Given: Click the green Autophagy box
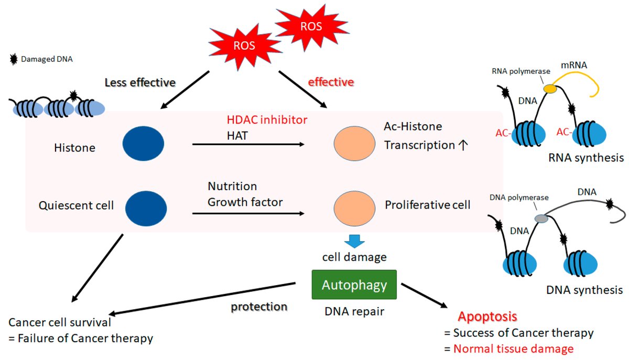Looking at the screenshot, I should coord(354,285).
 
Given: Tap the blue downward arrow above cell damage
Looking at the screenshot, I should coord(354,241).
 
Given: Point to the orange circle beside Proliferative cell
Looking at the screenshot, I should coord(355,205).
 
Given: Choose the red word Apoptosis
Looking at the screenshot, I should coord(487,317).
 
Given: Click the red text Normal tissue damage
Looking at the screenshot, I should coord(513,348).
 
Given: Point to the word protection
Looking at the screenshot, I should coord(259,307).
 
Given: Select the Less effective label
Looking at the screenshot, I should coord(140,82).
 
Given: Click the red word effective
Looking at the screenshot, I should coord(331,82).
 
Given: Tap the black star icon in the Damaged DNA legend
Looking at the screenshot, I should coord(14,59).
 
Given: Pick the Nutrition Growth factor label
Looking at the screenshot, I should coord(245,194).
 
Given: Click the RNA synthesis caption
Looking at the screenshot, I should coord(585,157).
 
